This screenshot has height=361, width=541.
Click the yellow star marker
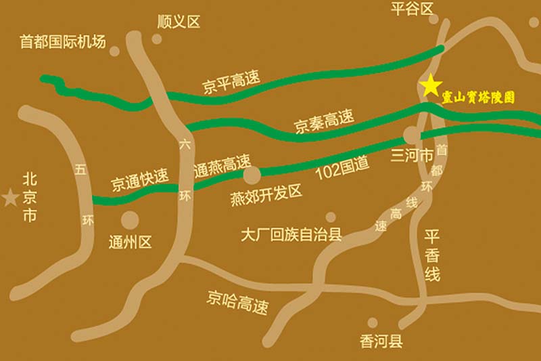(430, 85)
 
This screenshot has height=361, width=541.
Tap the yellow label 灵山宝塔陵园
(478, 98)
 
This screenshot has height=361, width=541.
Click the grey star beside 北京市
(10, 198)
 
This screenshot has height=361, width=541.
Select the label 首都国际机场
(63, 42)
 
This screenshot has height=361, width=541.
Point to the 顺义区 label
(179, 22)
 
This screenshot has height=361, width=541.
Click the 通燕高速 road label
(221, 165)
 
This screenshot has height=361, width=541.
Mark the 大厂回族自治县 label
(291, 235)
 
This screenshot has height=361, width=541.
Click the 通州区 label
(131, 242)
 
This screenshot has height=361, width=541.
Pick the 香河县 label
(381, 341)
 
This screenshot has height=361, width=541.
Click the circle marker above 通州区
(130, 219)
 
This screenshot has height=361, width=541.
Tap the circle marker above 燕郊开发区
(252, 175)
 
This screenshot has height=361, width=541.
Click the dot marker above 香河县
(372, 322)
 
